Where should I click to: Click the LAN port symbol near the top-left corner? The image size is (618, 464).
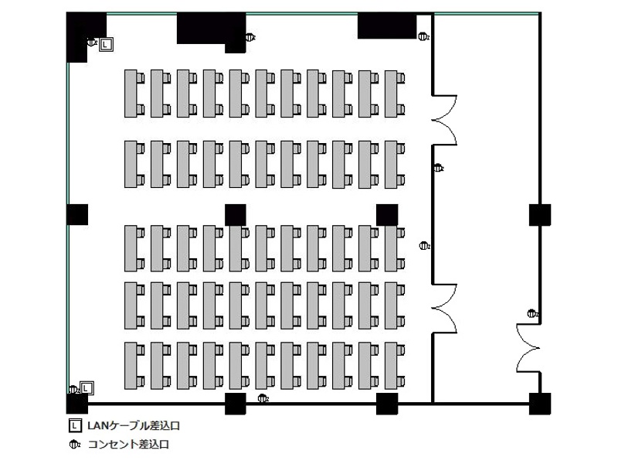pyautogui.click(x=106, y=45)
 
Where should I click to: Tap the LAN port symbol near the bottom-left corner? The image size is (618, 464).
pyautogui.click(x=87, y=388)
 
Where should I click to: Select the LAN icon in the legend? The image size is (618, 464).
pyautogui.click(x=75, y=426)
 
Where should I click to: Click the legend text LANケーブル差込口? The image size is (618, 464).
pyautogui.click(x=134, y=426)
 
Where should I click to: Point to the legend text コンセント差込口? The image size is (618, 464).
pyautogui.click(x=128, y=445)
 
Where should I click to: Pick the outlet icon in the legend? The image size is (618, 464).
pyautogui.click(x=74, y=445)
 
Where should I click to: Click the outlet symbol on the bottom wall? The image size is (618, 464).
pyautogui.click(x=263, y=398)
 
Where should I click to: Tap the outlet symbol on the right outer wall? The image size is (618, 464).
pyautogui.click(x=532, y=314)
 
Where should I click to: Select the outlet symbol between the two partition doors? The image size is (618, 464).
pyautogui.click(x=438, y=168)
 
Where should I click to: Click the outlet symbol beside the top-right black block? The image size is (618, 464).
pyautogui.click(x=423, y=36)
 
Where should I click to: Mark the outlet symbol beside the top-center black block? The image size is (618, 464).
pyautogui.click(x=250, y=37)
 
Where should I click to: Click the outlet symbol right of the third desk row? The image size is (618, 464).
pyautogui.click(x=424, y=246)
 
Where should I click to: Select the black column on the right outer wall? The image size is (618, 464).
pyautogui.click(x=539, y=215)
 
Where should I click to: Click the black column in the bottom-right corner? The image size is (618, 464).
pyautogui.click(x=539, y=404)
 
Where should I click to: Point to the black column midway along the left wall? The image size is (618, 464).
pyautogui.click(x=77, y=215)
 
